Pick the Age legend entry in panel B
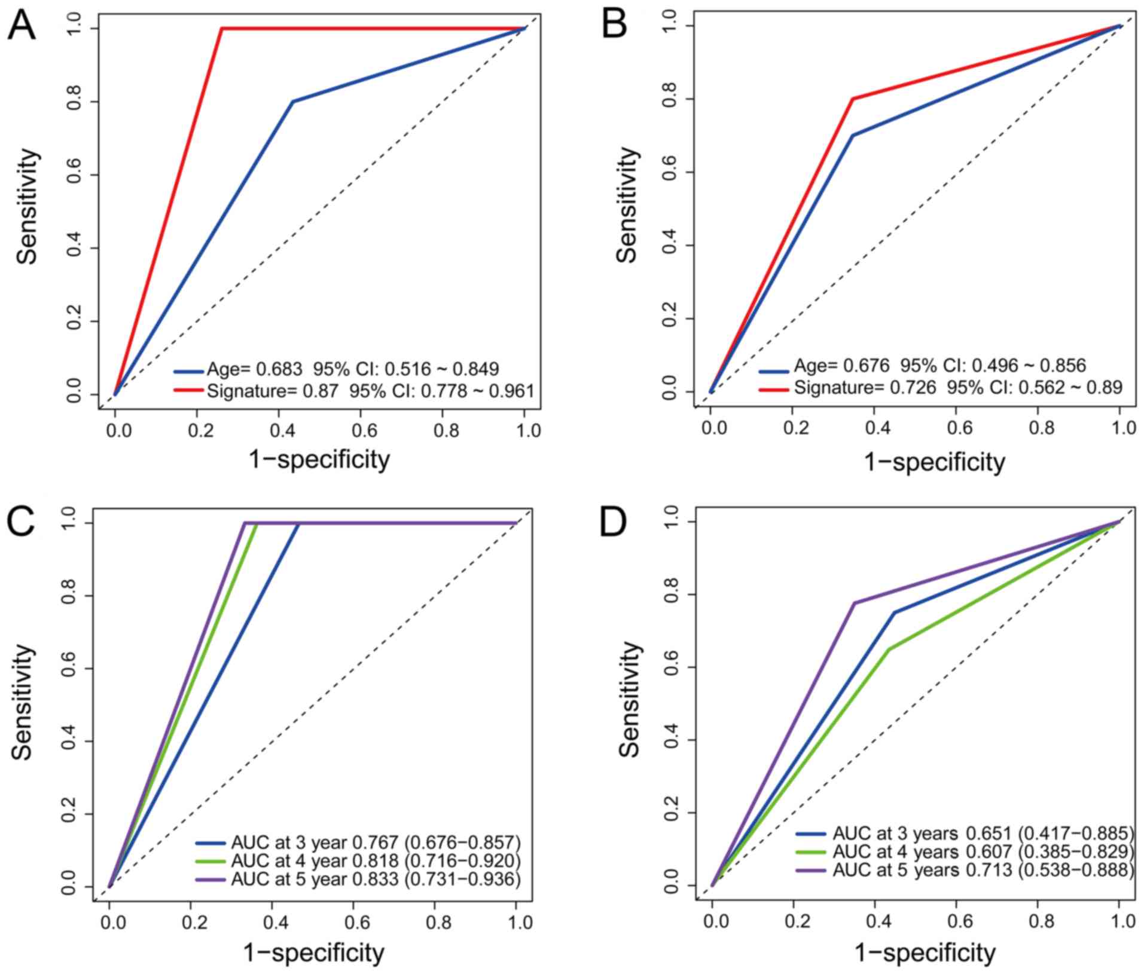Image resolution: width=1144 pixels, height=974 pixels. coord(939,366)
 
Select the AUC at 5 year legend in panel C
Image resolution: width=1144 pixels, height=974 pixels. coord(376,879)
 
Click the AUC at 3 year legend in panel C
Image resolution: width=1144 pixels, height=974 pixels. coord(376,842)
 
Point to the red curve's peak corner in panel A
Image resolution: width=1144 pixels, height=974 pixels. coord(221,28)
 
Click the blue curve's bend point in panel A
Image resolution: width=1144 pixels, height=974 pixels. coord(292,102)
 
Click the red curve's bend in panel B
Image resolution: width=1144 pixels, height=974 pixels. coord(853,99)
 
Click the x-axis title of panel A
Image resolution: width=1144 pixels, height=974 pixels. coord(319,459)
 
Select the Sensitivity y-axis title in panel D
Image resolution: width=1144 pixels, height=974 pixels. coord(629,699)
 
